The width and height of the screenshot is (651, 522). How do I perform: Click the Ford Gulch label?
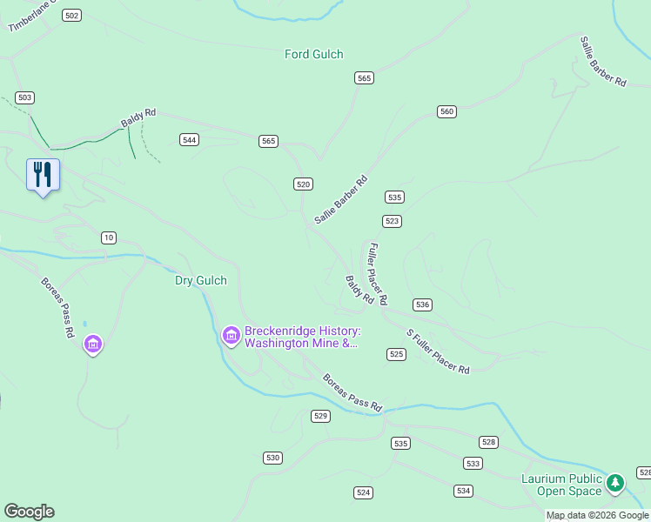pyautogui.click(x=314, y=54)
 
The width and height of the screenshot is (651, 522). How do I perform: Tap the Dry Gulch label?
pyautogui.click(x=200, y=280)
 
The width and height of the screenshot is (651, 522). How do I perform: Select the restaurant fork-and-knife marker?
pyautogui.click(x=42, y=175)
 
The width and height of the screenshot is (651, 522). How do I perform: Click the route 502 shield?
pyautogui.click(x=72, y=16)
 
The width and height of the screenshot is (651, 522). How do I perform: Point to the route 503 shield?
pyautogui.click(x=25, y=97)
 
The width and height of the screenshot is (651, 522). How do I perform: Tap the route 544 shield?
pyautogui.click(x=190, y=139)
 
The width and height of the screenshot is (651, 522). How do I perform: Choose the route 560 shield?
pyautogui.click(x=447, y=111)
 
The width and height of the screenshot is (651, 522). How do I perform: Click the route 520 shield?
pyautogui.click(x=303, y=184)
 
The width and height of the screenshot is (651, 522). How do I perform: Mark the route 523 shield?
pyautogui.click(x=393, y=221)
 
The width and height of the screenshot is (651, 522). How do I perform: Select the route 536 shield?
pyautogui.click(x=423, y=304)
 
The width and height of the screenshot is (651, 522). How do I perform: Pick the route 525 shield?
pyautogui.click(x=397, y=354)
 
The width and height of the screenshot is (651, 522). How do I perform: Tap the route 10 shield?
pyautogui.click(x=109, y=238)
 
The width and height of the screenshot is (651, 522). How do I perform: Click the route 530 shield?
pyautogui.click(x=273, y=458)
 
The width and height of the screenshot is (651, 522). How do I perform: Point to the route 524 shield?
pyautogui.click(x=364, y=492)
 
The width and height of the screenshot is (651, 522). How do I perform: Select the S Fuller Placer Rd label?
pyautogui.click(x=439, y=351)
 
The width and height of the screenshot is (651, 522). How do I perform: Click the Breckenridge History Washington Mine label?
pyautogui.click(x=301, y=337)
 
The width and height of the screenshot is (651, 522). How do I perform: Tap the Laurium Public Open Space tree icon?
pyautogui.click(x=615, y=482)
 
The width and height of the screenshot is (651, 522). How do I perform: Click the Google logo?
pyautogui.click(x=29, y=512)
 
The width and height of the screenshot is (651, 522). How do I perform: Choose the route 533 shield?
pyautogui.click(x=473, y=464)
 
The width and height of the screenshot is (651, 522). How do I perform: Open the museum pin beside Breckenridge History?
pyautogui.click(x=231, y=335)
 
